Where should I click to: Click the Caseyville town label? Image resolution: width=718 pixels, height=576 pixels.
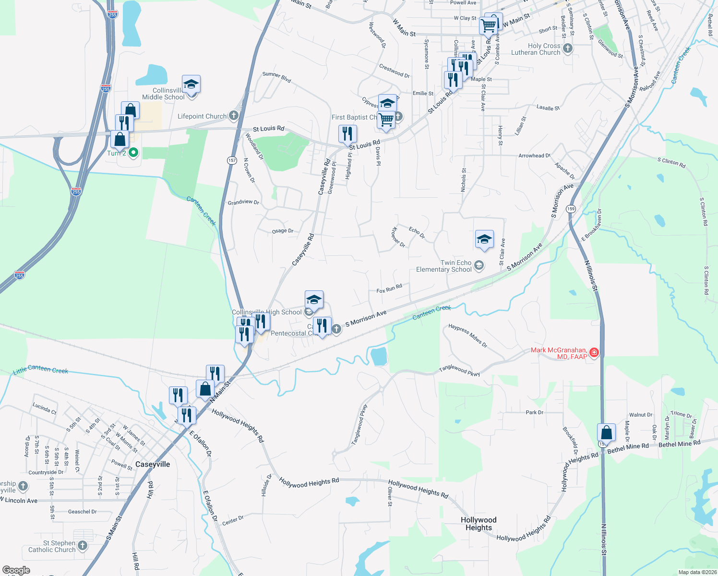(x=153, y=464)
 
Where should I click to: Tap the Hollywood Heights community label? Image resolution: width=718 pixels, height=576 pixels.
(x=479, y=524)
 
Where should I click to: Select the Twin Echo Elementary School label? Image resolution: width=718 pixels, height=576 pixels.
(x=444, y=266)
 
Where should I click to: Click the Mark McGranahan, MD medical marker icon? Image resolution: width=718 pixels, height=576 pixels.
(x=594, y=353)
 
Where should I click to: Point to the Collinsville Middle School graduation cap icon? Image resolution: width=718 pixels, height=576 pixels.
(x=191, y=84)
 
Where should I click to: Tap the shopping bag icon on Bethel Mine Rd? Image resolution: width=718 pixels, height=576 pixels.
(x=607, y=432)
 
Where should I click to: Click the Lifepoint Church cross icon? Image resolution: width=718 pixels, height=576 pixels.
(x=234, y=115)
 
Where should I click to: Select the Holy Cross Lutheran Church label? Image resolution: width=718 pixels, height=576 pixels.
(x=544, y=49)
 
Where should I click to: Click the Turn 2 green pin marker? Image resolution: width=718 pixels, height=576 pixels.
(x=134, y=153)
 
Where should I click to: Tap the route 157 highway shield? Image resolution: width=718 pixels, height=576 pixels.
(x=232, y=160)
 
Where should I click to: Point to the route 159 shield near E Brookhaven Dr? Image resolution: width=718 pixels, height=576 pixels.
(x=571, y=209)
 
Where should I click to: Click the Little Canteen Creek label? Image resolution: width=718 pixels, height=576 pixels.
(x=41, y=370)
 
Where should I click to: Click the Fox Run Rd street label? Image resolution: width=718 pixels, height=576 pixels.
(x=389, y=289)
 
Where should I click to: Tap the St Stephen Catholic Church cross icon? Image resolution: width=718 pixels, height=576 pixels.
(x=83, y=545)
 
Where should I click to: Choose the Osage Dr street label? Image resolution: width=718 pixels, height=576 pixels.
(x=283, y=231)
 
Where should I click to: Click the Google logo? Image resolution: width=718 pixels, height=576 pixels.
(x=16, y=570)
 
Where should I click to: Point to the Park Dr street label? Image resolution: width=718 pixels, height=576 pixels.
(x=535, y=412)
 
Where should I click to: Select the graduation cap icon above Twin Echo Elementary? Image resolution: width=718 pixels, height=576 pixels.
(x=484, y=239)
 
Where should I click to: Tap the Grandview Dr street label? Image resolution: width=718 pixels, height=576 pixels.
(x=243, y=202)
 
